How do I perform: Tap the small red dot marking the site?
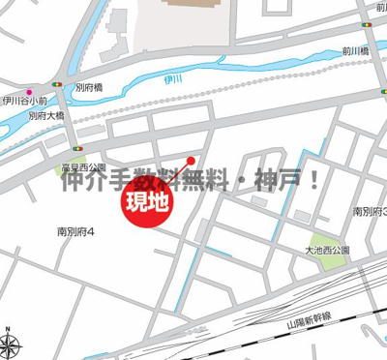192,161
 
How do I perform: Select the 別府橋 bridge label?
89,87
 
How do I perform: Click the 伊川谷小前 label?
24,100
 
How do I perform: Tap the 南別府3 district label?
372,210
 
